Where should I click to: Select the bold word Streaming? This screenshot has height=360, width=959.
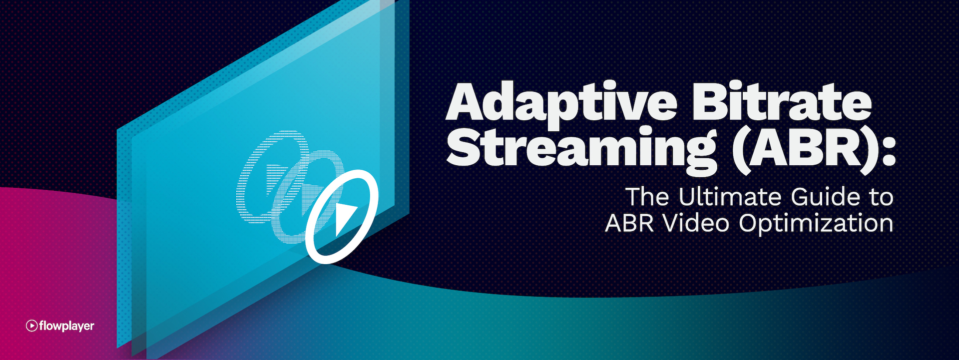(x=582, y=147)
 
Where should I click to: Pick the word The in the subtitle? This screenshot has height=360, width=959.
(x=647, y=197)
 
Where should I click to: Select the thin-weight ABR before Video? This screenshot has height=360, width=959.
(x=629, y=223)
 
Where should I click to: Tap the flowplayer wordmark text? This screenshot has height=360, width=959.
(x=66, y=326)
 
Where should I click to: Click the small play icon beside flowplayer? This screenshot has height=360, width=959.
(x=31, y=326)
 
